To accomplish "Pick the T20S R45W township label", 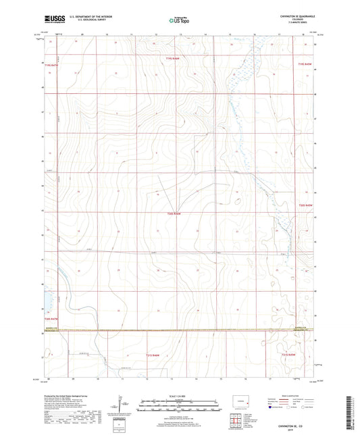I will [306, 204].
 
